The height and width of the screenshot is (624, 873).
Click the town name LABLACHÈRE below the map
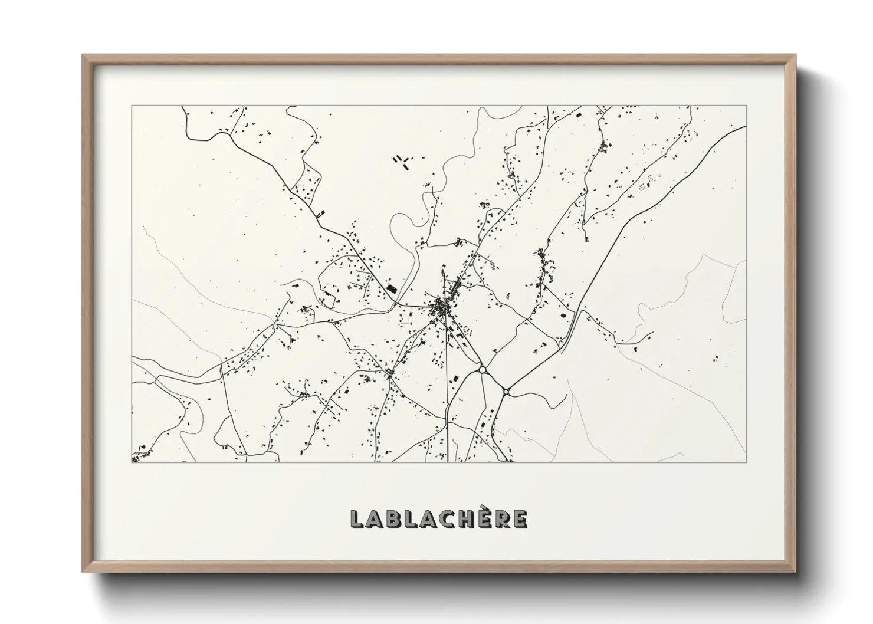click(x=439, y=519)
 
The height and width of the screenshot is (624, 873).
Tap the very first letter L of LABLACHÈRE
click(x=357, y=519)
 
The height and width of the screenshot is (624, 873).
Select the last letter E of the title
click(x=520, y=519)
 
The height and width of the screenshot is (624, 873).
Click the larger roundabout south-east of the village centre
click(x=483, y=370)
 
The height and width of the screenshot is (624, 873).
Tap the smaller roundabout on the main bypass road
click(x=506, y=391)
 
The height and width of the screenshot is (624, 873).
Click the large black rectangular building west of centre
click(x=392, y=289)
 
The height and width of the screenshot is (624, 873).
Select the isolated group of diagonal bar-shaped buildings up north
click(x=402, y=160)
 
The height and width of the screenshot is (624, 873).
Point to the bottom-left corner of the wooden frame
click(x=83, y=572)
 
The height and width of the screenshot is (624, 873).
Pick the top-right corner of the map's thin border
click(x=747, y=106)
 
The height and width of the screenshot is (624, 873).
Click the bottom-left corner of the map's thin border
click(x=132, y=462)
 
